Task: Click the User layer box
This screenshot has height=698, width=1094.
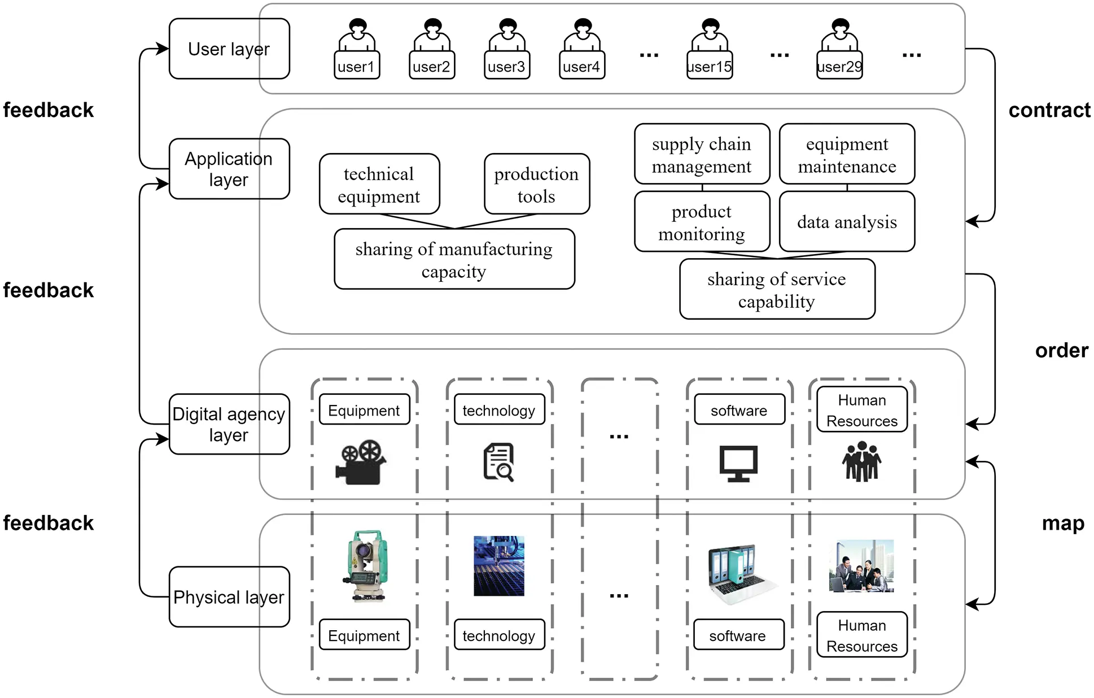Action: [x=229, y=49]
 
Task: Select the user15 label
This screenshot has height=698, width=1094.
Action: [x=709, y=67]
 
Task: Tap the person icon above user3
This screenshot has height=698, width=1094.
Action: [x=507, y=35]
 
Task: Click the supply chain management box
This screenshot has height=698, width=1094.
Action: [x=702, y=154]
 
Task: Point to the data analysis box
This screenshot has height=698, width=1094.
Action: [x=846, y=221]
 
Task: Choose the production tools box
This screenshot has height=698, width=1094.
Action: [x=536, y=184]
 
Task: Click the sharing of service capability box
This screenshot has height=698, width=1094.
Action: [x=777, y=289]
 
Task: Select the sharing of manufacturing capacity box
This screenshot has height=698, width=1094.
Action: [x=454, y=259]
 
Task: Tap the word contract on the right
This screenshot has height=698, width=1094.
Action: [x=1049, y=110]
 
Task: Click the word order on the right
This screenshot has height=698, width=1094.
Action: [x=1061, y=350]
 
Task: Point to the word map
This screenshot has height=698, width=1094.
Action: [x=1062, y=523]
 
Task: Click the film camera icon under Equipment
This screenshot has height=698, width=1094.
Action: [x=361, y=461]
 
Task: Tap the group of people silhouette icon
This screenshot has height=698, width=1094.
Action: [x=861, y=461]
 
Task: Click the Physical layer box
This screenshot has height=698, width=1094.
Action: [x=229, y=596]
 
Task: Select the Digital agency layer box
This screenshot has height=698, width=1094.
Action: [x=229, y=424]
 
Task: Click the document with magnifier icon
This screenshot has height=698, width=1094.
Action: [x=499, y=462]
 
